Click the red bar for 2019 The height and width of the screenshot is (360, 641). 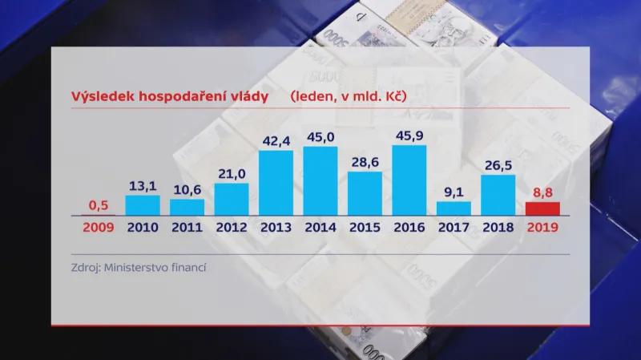coord(542,208)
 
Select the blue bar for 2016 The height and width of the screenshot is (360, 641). coord(409,180)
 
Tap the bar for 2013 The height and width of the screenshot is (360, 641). coord(276,183)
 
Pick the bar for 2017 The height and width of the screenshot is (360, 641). coord(454,208)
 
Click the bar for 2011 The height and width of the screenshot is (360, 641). coord(187,208)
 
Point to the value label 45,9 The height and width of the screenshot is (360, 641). coord(409,136)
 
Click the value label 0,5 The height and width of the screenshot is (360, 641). coord(99,204)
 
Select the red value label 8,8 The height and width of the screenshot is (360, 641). coord(542,192)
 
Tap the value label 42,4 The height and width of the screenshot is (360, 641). coord(276,141)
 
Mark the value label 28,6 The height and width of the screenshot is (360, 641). coord(365,162)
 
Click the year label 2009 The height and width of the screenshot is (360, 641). coord(99,227)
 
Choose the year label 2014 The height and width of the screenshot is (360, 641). coord(320,227)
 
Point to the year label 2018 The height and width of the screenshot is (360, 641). coord(498,227)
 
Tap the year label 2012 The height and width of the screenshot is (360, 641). coord(232,227)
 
